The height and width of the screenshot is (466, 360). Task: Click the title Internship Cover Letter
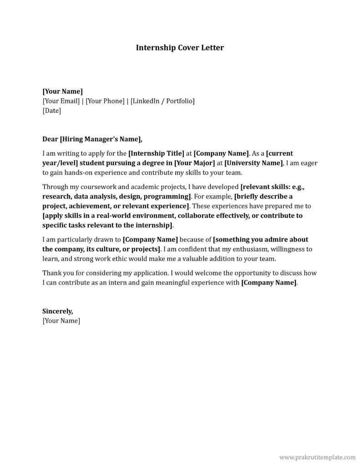tap(180, 47)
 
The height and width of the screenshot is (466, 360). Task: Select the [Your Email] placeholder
tap(61, 101)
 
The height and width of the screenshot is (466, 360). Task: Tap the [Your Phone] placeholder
tap(105, 101)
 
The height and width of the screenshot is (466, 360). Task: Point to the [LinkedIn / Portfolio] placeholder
tap(162, 101)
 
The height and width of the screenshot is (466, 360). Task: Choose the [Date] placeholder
tap(51, 110)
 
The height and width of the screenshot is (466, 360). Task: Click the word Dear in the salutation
tap(50, 139)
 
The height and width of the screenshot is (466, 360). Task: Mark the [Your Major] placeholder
tap(194, 163)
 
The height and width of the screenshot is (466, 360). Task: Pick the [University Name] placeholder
tap(254, 163)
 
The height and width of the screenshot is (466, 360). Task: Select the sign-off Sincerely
tap(57, 311)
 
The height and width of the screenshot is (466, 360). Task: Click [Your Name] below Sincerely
tap(61, 321)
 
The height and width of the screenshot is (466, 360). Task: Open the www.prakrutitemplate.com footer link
tap(317, 456)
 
